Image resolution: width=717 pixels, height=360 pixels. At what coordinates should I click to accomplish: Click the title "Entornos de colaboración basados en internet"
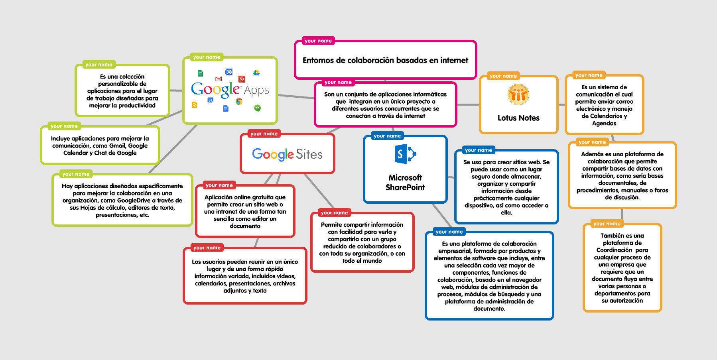(x=385, y=60)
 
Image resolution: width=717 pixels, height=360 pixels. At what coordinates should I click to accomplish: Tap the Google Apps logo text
(x=230, y=90)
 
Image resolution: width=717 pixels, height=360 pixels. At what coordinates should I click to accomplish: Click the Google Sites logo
(x=287, y=154)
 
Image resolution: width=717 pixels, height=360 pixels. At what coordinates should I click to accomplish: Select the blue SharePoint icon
(x=405, y=154)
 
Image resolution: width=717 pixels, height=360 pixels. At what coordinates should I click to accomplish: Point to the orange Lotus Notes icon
(x=518, y=94)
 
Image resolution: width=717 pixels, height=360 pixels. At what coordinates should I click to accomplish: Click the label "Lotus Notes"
(x=518, y=118)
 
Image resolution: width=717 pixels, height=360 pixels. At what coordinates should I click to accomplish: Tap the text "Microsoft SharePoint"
(x=405, y=183)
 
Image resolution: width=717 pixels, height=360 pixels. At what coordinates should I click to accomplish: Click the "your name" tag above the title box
(x=318, y=41)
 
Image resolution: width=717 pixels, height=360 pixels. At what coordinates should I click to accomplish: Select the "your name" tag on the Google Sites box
(x=264, y=134)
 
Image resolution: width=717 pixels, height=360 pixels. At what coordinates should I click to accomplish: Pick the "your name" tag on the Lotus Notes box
(x=503, y=76)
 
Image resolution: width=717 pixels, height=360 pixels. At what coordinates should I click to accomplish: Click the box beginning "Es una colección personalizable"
(x=122, y=91)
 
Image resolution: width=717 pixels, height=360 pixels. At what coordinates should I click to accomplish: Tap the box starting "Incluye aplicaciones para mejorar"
(x=100, y=146)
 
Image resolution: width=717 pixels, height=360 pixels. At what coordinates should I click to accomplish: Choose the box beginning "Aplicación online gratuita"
(x=245, y=211)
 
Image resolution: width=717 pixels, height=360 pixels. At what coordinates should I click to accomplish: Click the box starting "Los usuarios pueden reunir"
(x=245, y=276)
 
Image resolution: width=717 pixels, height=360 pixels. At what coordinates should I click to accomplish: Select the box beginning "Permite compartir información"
(x=362, y=242)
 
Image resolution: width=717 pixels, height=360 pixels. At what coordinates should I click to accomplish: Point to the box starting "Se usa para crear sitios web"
(x=506, y=187)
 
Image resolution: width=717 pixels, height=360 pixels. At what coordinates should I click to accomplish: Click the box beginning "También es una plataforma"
(x=622, y=268)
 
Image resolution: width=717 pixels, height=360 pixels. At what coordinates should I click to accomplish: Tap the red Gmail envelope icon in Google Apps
(x=218, y=79)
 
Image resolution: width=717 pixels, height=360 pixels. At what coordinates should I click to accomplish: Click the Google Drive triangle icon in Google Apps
(x=256, y=73)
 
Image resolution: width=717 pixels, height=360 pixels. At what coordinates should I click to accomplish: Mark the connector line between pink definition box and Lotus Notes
(x=468, y=104)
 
